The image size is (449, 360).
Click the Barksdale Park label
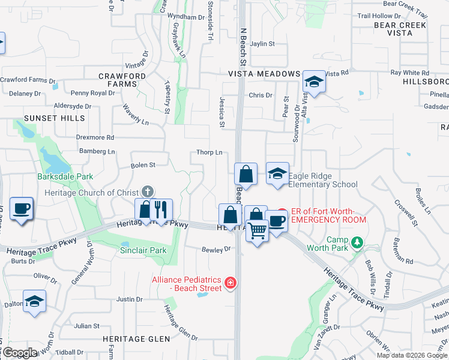(65, 176)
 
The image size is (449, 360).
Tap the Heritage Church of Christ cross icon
(148, 192)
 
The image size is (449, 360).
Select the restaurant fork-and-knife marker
(160, 210)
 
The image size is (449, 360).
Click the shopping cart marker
(257, 230)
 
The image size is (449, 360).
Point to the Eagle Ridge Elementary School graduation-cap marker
(277, 173)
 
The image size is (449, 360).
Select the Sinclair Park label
(143, 250)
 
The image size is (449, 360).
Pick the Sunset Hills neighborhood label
(55, 118)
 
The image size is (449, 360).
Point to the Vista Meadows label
(264, 73)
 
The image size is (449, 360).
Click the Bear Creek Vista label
(400, 29)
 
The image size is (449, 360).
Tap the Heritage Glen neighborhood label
(136, 339)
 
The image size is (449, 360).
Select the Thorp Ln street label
(209, 152)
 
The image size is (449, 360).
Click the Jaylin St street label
(262, 44)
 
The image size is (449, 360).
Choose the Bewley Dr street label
(217, 249)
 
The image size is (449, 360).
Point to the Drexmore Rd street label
(95, 137)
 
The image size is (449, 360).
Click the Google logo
(20, 353)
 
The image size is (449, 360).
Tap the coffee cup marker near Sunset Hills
(21, 209)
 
